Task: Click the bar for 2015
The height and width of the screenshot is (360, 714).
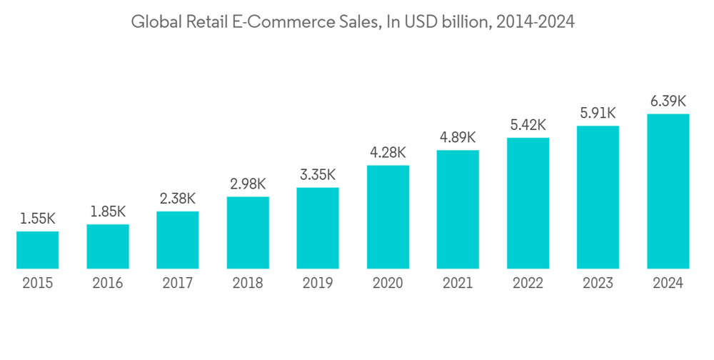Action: (x=38, y=250)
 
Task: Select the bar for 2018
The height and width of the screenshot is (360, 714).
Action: (x=248, y=233)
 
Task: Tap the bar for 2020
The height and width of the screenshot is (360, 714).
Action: (x=388, y=217)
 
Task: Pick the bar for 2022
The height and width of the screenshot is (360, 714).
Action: (x=528, y=204)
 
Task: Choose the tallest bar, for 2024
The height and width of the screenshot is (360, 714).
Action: (x=668, y=191)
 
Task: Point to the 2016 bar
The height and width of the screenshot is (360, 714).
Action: (x=108, y=246)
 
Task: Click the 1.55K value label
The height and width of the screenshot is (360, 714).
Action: (x=38, y=219)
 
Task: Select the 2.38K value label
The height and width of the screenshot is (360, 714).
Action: (x=178, y=199)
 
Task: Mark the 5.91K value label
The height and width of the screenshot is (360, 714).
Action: (x=598, y=114)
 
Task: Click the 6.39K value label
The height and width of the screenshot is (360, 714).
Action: (x=668, y=101)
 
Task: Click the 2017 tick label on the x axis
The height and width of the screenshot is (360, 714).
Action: (x=178, y=284)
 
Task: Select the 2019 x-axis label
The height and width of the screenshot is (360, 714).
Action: (x=318, y=284)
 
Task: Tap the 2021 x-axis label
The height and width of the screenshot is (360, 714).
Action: (x=458, y=284)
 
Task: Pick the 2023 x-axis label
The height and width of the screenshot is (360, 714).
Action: (x=598, y=284)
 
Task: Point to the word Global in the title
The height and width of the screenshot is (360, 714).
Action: (x=153, y=23)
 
